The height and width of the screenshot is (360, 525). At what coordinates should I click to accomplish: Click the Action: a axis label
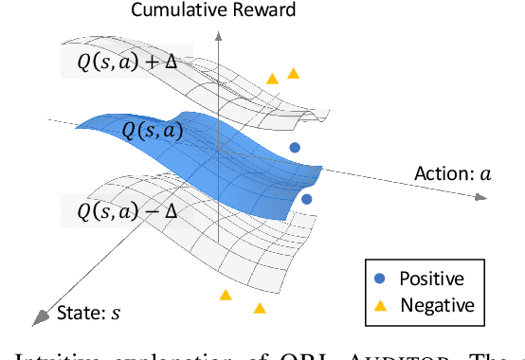click(x=453, y=173)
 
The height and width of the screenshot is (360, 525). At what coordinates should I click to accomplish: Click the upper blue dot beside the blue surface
click(x=295, y=148)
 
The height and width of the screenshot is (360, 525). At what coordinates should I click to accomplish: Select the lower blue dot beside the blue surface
click(x=306, y=199)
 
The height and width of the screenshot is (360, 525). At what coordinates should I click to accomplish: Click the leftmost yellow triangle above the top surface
click(x=272, y=80)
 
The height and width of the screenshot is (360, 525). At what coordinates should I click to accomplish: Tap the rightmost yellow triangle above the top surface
click(x=294, y=73)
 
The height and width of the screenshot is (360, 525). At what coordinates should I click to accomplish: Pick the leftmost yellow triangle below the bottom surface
click(x=226, y=296)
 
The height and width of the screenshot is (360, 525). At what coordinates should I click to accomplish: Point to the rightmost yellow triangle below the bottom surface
click(x=259, y=307)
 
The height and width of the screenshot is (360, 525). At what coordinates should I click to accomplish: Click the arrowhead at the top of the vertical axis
click(x=219, y=32)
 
